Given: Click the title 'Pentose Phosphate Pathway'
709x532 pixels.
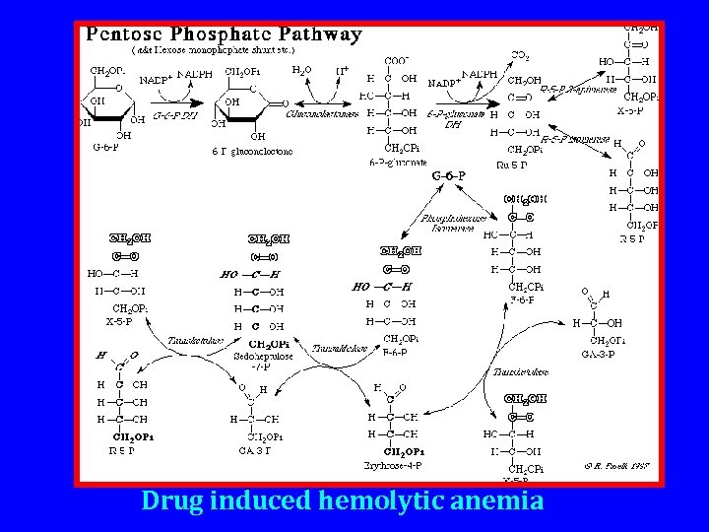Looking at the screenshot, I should (x=225, y=34).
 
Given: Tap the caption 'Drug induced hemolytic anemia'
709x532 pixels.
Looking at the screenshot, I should (x=343, y=500).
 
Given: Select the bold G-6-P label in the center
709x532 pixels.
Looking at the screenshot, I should (x=449, y=175).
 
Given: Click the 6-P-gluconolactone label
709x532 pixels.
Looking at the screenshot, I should (x=252, y=151).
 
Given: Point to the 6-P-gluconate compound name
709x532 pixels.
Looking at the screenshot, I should (x=398, y=161).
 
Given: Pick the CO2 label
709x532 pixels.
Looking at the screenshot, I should (x=521, y=55).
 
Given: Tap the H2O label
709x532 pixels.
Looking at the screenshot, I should (x=303, y=70).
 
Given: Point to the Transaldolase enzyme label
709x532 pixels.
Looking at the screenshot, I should (x=340, y=347).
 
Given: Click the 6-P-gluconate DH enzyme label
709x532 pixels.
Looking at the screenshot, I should (x=453, y=119).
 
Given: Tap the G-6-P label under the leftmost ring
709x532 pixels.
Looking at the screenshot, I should (x=105, y=148).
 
